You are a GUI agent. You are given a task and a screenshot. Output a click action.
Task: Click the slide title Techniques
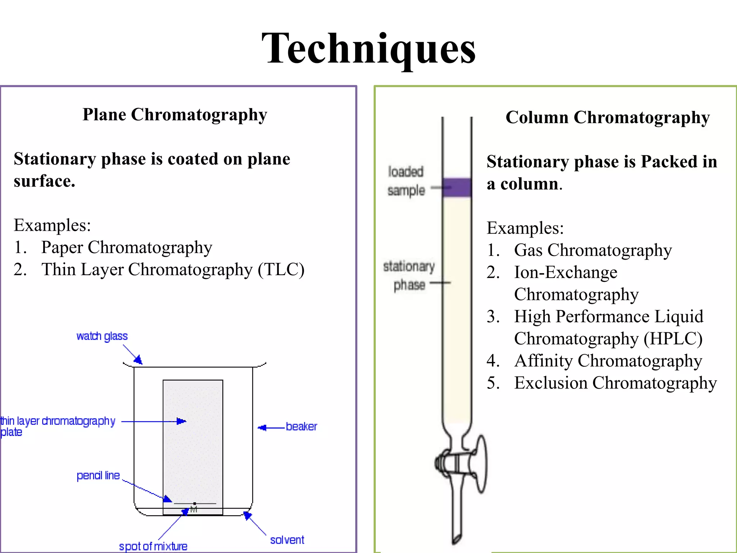click(368, 49)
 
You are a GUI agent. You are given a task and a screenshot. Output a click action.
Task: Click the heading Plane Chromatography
click(175, 115)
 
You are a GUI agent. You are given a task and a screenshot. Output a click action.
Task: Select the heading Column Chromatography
click(607, 118)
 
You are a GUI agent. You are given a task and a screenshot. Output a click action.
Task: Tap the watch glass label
click(102, 336)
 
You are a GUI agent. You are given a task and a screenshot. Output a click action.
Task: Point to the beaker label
click(301, 427)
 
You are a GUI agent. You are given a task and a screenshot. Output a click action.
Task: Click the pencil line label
click(98, 476)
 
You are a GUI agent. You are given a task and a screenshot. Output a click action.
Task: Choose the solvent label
click(287, 540)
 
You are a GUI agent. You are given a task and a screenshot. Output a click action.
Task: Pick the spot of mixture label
click(153, 547)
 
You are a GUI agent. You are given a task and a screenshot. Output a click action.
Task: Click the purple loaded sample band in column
click(457, 187)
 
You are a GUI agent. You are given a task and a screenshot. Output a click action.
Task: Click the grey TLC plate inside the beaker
click(193, 443)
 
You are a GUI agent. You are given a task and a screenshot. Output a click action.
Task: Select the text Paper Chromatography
click(126, 248)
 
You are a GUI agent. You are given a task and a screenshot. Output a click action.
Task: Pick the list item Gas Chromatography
click(593, 250)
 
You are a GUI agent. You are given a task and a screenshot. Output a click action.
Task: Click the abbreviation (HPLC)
click(673, 339)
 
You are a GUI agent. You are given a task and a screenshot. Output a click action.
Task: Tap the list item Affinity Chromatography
click(608, 361)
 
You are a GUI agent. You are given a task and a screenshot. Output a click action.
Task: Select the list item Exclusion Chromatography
click(615, 383)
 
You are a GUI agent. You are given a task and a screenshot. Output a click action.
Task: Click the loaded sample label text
click(406, 181)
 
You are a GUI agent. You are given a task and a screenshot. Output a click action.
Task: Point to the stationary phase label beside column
click(409, 275)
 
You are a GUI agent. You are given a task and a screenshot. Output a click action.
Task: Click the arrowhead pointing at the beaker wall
click(262, 428)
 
